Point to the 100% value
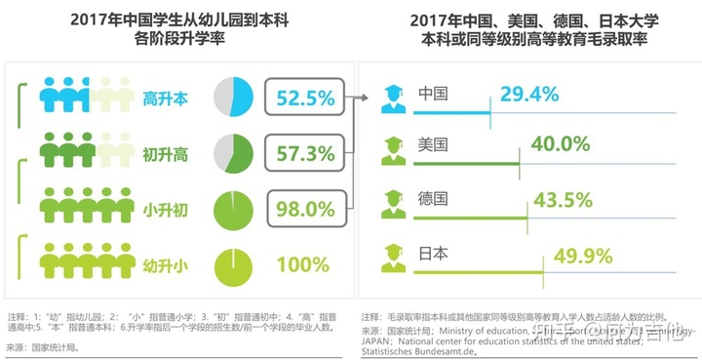coord(302,263)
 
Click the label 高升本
coord(167,99)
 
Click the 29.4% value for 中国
coord(528,95)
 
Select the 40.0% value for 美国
coord(560,144)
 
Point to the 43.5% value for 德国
coord(562,200)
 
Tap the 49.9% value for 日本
coord(582,256)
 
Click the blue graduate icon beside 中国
coord(394,97)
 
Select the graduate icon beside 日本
coord(394,256)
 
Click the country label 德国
coord(432,199)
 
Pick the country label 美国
coord(432,144)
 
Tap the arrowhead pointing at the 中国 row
coord(371,97)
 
